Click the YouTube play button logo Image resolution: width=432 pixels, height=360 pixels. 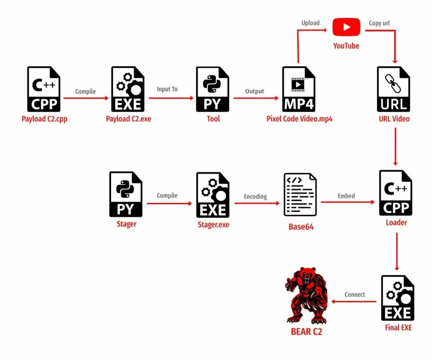pos(346,27)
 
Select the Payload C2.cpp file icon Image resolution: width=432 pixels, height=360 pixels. pos(44,89)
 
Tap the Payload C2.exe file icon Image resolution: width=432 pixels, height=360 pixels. pos(128,89)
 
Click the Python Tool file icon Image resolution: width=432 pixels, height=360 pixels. pos(213,89)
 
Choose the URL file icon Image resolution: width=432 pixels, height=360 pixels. pos(394,89)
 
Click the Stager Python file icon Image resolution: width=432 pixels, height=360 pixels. pos(126,194)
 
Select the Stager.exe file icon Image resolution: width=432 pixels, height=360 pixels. pos(213,194)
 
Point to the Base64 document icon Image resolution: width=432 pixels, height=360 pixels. pos(300,195)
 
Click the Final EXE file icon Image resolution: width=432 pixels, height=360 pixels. pos(398,298)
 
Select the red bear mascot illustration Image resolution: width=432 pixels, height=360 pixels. pos(307,295)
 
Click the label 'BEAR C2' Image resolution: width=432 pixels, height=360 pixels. pos(307,332)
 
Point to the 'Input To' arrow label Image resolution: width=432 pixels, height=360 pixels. pos(167,89)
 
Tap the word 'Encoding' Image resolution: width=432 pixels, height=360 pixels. pos(255,196)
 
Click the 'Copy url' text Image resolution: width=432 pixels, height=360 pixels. pos(379,23)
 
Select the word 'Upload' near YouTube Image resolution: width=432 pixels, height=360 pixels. pos(310,23)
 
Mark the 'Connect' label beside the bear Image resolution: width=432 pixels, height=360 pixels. pos(355,295)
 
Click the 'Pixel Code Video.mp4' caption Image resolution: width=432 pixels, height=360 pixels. pos(300,119)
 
